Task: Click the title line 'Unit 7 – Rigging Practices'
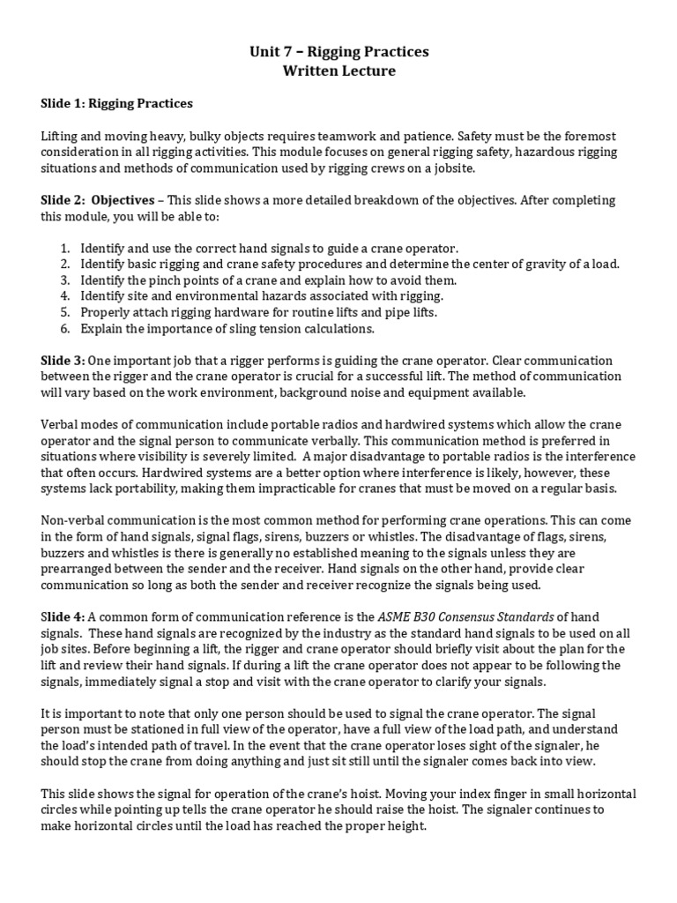[x=339, y=52]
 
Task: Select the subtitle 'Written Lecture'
[x=339, y=71]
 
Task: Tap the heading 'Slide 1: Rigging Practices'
[x=116, y=104]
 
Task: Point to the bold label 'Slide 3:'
[x=63, y=361]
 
